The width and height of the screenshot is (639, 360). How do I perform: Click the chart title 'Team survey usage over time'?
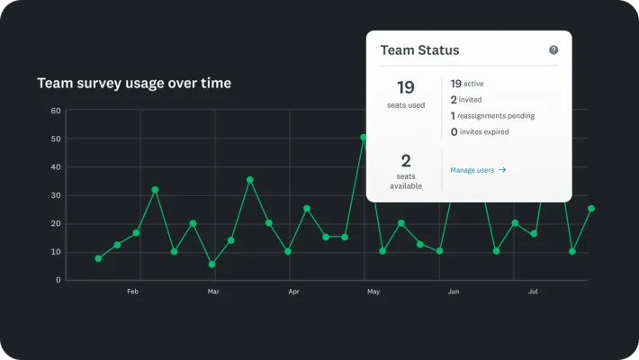point(133,83)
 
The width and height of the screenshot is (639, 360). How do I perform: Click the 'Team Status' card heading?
point(419,51)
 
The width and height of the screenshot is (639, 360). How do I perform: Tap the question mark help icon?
point(553,51)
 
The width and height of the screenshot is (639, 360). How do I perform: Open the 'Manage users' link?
point(478,169)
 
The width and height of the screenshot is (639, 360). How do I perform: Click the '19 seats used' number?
point(405,87)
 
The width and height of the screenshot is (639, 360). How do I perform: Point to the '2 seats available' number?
point(405,161)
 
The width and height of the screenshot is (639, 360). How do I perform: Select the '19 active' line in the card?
point(467,83)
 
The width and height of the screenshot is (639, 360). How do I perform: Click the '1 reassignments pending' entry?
point(492,115)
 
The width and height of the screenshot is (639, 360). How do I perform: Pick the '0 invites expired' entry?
point(480,131)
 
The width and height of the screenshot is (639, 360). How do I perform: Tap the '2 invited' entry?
point(466,99)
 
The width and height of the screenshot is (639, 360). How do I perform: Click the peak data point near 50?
point(364,138)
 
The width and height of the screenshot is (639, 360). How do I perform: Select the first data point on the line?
point(98,258)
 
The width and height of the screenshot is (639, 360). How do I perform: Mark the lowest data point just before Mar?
point(211,265)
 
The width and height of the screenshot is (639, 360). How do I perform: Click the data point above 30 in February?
point(155,190)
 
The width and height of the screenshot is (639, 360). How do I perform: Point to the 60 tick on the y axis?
point(56,111)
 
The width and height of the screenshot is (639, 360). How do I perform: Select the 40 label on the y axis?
point(56,167)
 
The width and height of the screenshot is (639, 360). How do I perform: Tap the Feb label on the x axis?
point(132,292)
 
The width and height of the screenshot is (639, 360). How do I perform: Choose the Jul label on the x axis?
point(533,292)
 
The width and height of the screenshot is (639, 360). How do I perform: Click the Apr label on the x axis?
point(293,292)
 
